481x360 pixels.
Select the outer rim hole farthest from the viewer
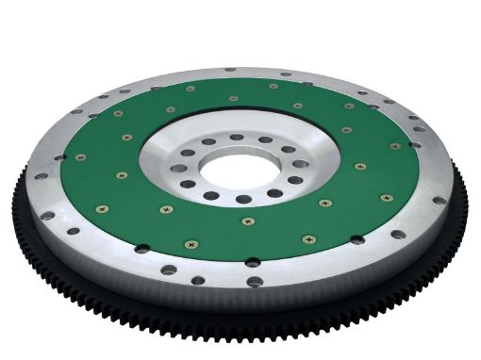230,69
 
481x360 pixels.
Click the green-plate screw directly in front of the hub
248,221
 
